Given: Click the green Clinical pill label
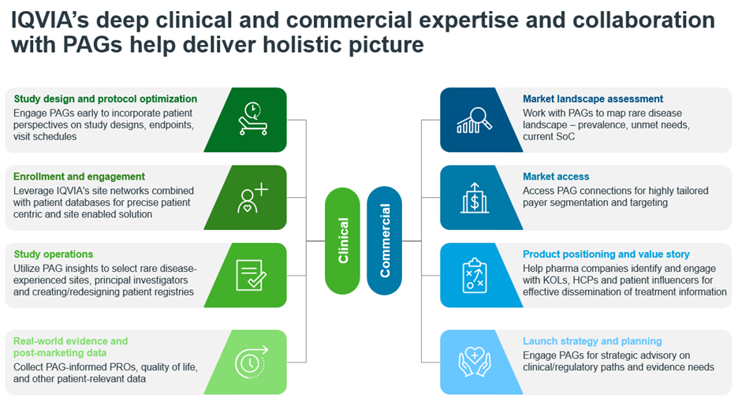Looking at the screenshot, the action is tap(342, 241).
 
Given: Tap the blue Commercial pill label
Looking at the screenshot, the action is tap(384, 240).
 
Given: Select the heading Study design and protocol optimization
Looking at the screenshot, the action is tap(106, 98).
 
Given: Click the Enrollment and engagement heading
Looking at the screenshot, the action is tap(79, 176).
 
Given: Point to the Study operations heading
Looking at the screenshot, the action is tap(53, 254).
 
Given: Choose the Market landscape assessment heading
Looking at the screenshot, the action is tap(593, 98).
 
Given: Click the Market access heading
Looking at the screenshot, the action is tap(556, 176).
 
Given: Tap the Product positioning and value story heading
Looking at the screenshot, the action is tap(606, 254).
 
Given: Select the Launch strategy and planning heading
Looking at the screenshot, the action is tap(592, 341).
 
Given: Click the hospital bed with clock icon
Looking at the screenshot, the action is tap(253, 118).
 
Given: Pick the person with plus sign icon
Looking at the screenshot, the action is tap(252, 198).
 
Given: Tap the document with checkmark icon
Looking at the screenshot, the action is tap(251, 275).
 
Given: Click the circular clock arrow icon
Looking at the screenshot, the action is tap(251, 362).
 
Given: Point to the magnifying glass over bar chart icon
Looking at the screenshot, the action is tap(474, 120).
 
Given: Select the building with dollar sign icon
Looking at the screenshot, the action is tap(475, 198).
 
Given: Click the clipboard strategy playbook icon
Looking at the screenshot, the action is tap(475, 275).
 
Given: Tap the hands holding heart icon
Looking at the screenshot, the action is tap(475, 361).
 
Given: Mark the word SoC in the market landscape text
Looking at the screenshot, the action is tap(565, 136).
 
